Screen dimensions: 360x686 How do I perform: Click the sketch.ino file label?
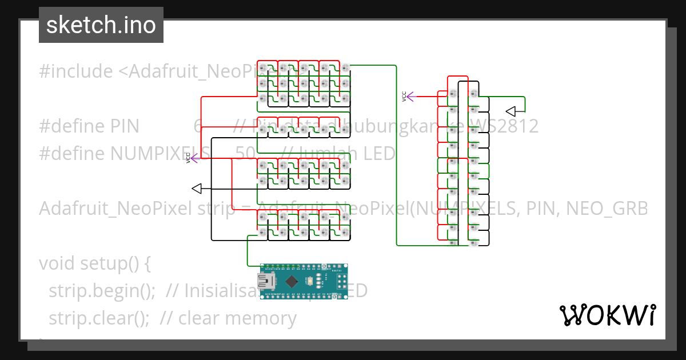(101, 25)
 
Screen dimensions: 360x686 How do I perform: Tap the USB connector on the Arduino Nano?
(266, 281)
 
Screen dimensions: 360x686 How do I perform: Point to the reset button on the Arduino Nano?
(310, 281)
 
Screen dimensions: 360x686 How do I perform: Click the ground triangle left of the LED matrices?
(197, 189)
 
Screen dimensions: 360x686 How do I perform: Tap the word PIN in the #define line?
(123, 126)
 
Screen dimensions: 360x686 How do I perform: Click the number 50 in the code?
(245, 154)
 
